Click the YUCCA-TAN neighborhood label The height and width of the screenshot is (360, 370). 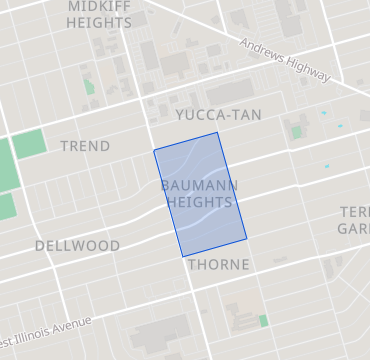[218, 115]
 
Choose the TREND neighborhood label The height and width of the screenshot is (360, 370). [85, 146]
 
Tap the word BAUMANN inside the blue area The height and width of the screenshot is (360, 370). [198, 186]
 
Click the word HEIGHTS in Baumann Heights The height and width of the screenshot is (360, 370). [199, 202]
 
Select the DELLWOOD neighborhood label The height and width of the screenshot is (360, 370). [77, 246]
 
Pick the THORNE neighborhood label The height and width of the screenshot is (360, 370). [218, 265]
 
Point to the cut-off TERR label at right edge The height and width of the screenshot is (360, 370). [354, 212]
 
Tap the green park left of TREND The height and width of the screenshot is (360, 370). [30, 143]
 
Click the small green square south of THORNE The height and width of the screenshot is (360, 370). [263, 320]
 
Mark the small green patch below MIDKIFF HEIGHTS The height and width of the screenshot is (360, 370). [88, 86]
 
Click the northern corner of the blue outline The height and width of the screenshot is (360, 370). [217, 132]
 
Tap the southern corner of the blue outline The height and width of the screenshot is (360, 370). [183, 257]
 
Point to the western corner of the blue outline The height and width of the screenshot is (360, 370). [154, 151]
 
